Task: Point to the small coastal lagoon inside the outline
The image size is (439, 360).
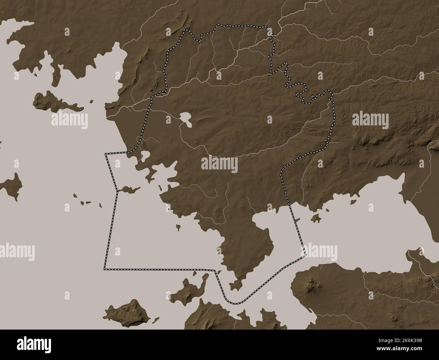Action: coord(146,156)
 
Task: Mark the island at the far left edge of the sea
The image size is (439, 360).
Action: coord(12,183)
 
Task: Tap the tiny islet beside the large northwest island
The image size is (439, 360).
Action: coord(91,101)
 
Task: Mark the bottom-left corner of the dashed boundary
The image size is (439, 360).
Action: coord(105,269)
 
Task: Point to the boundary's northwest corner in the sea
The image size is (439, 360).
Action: coord(106,154)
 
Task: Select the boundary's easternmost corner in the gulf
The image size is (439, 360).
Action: coord(305,255)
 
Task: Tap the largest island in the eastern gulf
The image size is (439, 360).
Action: coord(316,218)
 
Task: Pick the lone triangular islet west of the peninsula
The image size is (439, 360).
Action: coord(178,226)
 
